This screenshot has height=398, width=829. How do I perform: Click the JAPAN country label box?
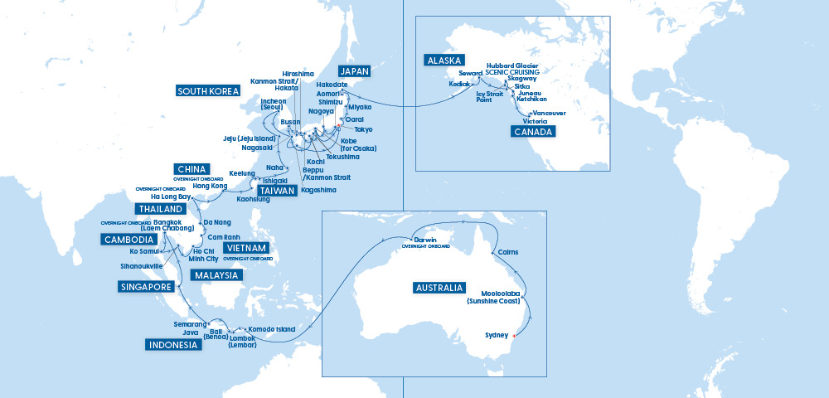[358, 70]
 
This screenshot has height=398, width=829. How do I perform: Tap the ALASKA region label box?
[444, 61]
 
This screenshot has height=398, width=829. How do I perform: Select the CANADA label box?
[531, 132]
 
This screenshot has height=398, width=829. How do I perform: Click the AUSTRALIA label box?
[438, 288]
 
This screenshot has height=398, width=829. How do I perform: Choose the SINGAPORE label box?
[148, 288]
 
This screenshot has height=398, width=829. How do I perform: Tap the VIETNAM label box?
[246, 248]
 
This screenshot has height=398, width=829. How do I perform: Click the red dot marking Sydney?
[514, 336]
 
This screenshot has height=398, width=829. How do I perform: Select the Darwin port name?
[425, 240]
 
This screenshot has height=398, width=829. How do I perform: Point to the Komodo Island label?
[272, 329]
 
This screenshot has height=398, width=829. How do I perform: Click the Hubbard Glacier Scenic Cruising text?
[512, 69]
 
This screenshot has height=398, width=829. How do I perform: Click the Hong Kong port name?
[209, 187]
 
